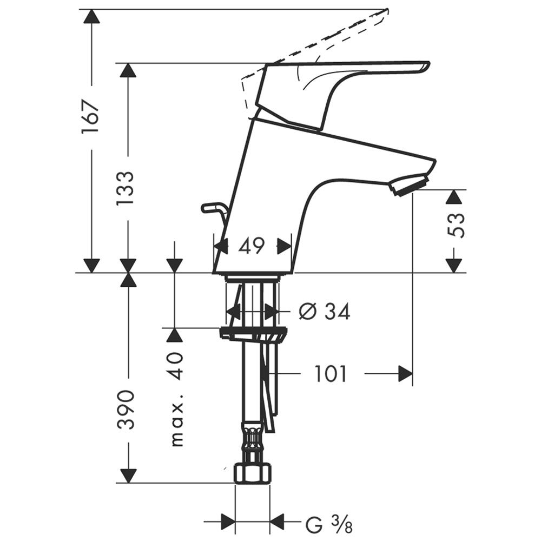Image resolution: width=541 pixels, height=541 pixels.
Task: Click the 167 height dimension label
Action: [91, 117]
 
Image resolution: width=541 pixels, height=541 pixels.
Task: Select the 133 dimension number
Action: [124, 188]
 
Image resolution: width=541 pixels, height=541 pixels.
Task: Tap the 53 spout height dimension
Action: [456, 225]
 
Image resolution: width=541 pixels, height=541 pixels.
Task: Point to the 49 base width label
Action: [252, 246]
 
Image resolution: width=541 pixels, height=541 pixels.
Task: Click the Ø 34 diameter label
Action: [324, 311]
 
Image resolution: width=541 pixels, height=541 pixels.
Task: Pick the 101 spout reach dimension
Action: [330, 374]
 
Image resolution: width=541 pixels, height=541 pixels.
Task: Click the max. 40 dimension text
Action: [177, 400]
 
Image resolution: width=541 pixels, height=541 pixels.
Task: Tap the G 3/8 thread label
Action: [329, 525]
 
